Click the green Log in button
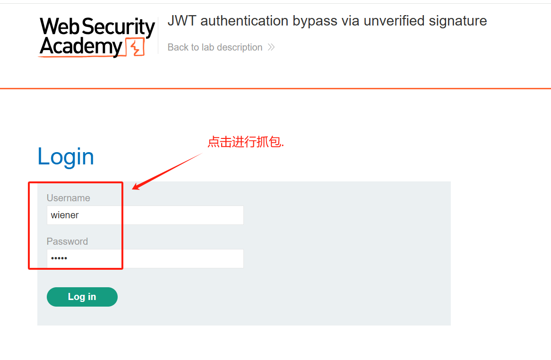[x=82, y=297]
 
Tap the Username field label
[x=68, y=198]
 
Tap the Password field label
[x=67, y=241]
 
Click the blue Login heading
[x=66, y=156]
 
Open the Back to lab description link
[x=215, y=47]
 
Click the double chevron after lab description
[x=271, y=47]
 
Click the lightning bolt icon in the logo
[x=136, y=48]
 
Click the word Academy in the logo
[x=81, y=46]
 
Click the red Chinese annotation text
[x=246, y=142]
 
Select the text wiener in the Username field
[x=65, y=215]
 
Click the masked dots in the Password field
[x=59, y=258]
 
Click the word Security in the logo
[x=125, y=27]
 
